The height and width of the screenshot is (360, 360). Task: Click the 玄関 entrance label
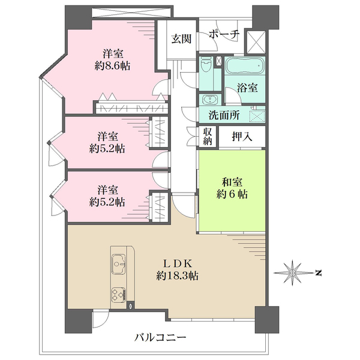(x=181, y=38)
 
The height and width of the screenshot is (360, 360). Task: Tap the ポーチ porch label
(x=224, y=34)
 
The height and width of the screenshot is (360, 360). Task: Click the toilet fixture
(x=205, y=65)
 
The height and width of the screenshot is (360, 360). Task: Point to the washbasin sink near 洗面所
(x=209, y=100)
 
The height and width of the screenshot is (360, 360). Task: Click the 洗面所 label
(x=224, y=115)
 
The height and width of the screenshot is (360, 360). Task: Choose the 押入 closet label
(x=242, y=137)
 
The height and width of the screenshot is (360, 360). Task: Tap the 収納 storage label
(x=208, y=137)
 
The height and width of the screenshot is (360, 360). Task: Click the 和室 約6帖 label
(x=232, y=188)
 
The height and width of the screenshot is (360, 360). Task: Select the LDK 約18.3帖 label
(x=178, y=269)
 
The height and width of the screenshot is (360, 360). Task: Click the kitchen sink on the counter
(x=118, y=264)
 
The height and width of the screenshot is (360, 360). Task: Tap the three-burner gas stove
(x=119, y=295)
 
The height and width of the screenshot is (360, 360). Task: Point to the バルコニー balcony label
(x=160, y=338)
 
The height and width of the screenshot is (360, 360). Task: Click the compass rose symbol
(x=292, y=273)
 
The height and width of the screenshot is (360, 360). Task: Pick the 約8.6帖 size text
(x=112, y=67)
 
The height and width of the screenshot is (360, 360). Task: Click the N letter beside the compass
(x=318, y=273)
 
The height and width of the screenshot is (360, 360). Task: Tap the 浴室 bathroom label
(x=247, y=88)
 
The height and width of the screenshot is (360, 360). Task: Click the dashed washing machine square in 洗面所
(x=257, y=116)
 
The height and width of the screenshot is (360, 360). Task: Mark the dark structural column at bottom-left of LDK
(x=79, y=321)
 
